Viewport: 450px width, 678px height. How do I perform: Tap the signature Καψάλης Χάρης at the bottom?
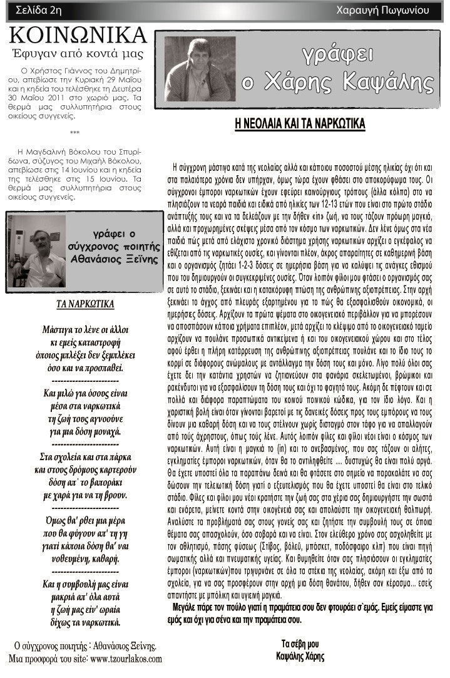click(x=300, y=657)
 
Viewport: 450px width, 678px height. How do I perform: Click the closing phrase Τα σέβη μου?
click(x=300, y=645)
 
